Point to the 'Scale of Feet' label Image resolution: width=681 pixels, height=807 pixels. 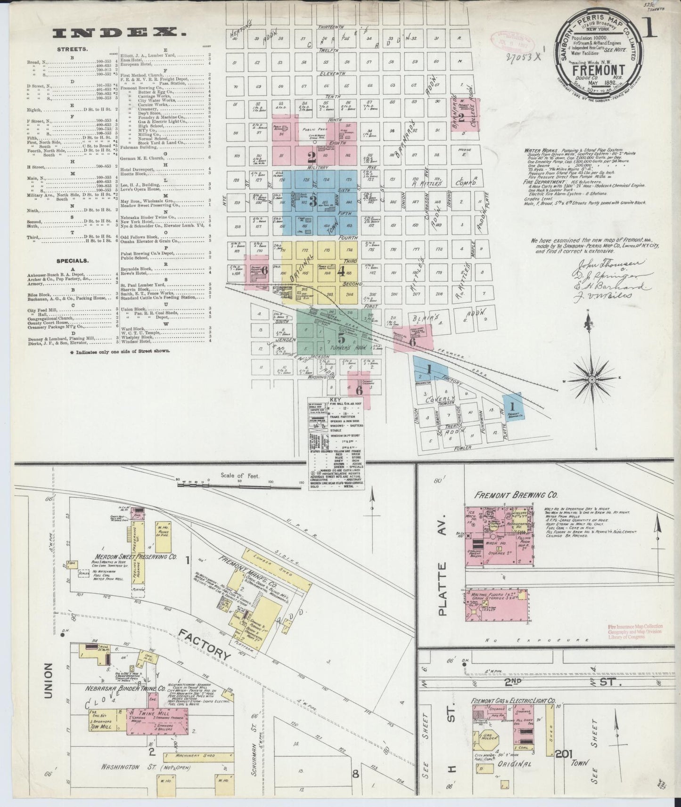[x=240, y=476]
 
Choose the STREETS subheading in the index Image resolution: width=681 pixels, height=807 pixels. [x=68, y=49]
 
